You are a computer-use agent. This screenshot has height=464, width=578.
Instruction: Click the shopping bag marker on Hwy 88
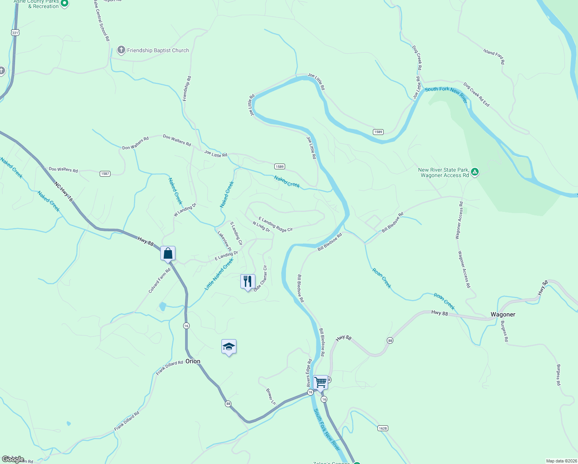(168, 254)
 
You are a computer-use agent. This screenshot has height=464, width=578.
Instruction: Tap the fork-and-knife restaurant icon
(248, 281)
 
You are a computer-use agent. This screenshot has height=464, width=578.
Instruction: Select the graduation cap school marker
(229, 347)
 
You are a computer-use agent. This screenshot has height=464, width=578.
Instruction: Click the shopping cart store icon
(320, 382)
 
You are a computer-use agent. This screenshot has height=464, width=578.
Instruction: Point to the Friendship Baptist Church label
(158, 51)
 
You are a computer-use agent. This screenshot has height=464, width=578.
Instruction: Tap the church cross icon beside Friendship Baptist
(121, 50)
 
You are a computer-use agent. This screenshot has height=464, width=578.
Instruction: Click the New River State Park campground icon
(475, 172)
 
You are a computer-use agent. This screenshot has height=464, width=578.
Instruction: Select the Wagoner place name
(503, 315)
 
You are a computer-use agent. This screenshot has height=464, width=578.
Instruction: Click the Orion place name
(193, 362)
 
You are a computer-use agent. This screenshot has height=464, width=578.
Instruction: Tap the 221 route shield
(15, 33)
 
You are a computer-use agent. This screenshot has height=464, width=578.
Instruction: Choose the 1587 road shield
(105, 174)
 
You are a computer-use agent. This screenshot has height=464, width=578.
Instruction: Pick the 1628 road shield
(382, 428)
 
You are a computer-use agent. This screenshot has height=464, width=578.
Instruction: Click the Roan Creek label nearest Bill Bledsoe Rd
(382, 278)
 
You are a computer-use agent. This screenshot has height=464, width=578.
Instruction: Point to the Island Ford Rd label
(494, 56)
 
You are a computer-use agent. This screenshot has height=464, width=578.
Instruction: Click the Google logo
(13, 459)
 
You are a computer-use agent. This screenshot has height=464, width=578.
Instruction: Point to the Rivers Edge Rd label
(309, 373)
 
